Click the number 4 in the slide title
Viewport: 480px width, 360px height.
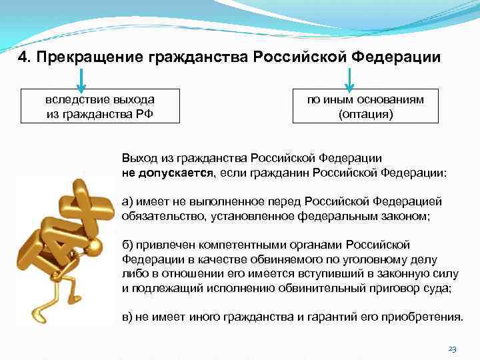[22, 57]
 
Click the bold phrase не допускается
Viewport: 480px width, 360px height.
[165, 173]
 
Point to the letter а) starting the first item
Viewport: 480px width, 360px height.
[127, 202]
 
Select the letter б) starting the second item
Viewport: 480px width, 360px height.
[127, 245]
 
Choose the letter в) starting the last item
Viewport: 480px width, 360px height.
[127, 315]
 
